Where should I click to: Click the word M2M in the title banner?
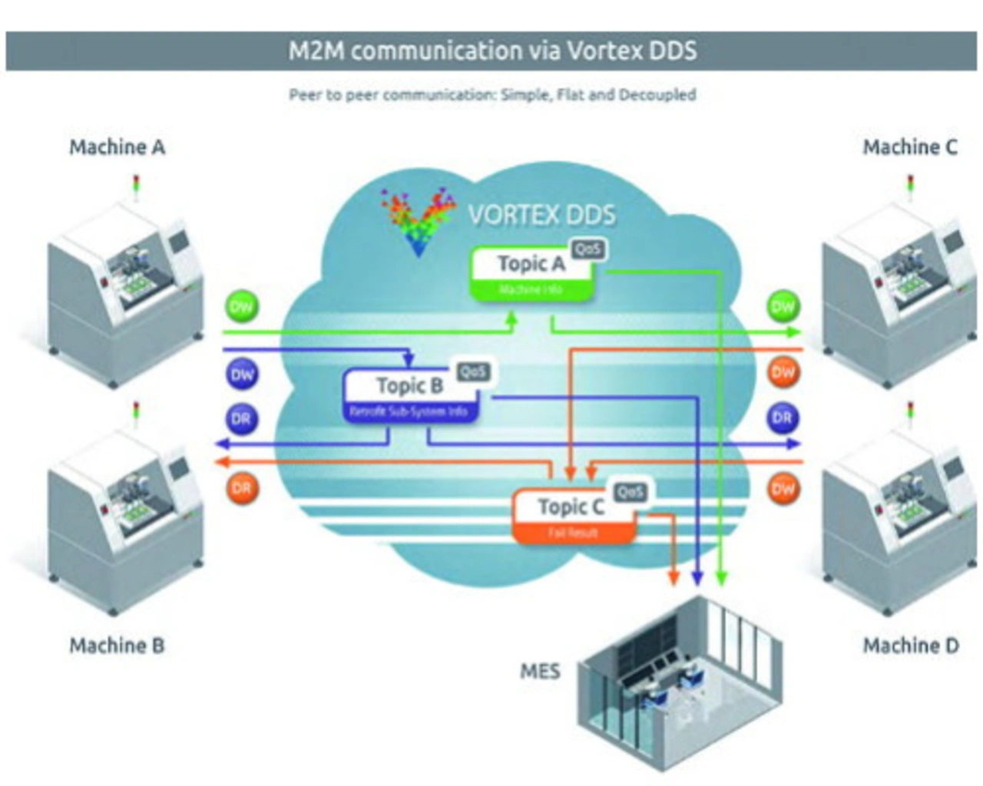tap(316, 51)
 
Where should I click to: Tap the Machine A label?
tap(117, 147)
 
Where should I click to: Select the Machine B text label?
tap(117, 646)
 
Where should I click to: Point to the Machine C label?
tap(910, 147)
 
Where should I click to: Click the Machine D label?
tap(911, 646)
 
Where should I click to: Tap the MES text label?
tap(540, 672)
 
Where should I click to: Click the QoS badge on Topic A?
tap(587, 249)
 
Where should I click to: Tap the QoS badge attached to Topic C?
tap(631, 492)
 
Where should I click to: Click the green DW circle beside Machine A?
tap(242, 308)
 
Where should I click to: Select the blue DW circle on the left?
tap(242, 375)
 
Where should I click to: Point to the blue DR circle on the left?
tap(242, 418)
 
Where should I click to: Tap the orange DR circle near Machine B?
tap(242, 488)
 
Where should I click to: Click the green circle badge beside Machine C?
tap(783, 307)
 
